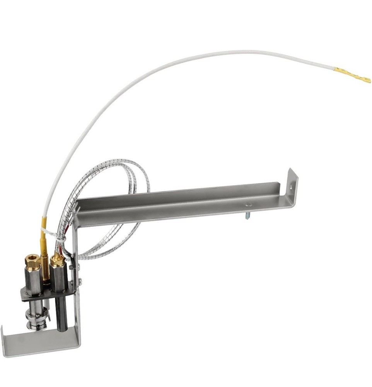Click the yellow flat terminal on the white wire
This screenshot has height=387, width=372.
tap(353, 74)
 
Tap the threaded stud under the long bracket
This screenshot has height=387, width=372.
tap(247, 214)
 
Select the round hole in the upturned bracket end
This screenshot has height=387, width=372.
tap(290, 187)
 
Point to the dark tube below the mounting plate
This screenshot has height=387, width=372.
tap(62, 313)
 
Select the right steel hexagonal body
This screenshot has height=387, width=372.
tap(59, 279)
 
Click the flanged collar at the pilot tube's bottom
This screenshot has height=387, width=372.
tap(36, 321)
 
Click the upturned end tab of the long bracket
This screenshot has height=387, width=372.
tap(292, 186)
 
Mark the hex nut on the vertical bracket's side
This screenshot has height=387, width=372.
tap(72, 267)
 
